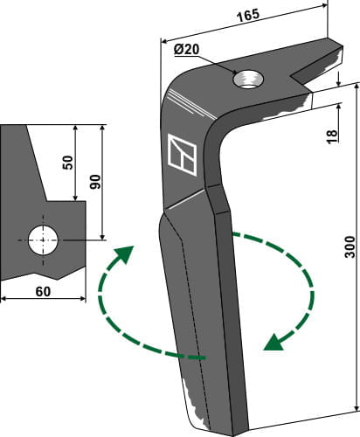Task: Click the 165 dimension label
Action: pyautogui.click(x=247, y=16)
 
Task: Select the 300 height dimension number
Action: pyautogui.click(x=350, y=247)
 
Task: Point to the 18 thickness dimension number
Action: pyautogui.click(x=332, y=136)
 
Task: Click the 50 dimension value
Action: pyautogui.click(x=67, y=163)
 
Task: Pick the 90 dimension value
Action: pyautogui.click(x=95, y=182)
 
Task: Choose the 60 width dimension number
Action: pyautogui.click(x=43, y=292)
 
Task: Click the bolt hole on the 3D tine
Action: pyautogui.click(x=248, y=79)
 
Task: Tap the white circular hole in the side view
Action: pyautogui.click(x=43, y=240)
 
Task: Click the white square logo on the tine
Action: pyautogui.click(x=183, y=155)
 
